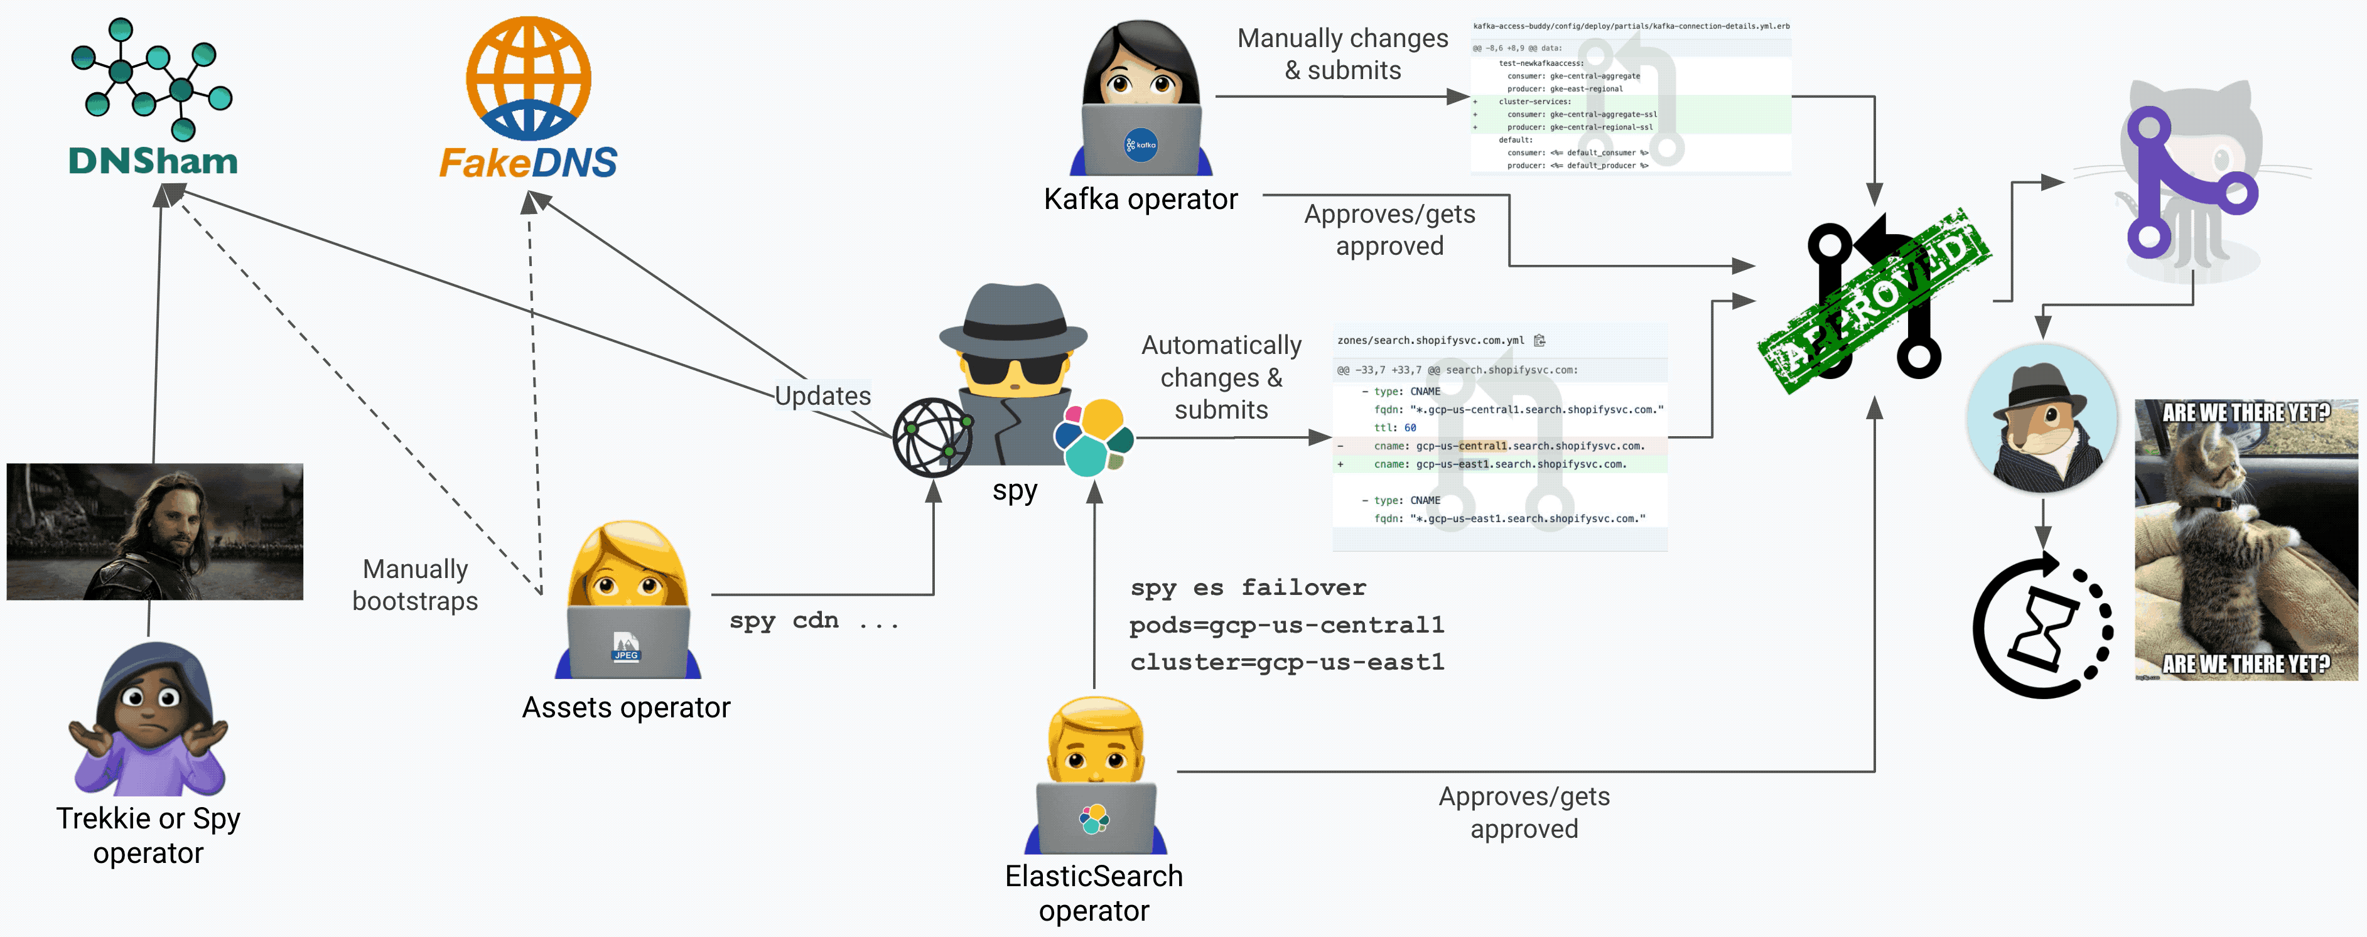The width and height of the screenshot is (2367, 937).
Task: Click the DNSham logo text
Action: (x=153, y=162)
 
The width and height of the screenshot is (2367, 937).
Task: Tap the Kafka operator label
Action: (x=1140, y=200)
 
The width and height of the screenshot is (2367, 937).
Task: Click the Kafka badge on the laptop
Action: (x=1140, y=145)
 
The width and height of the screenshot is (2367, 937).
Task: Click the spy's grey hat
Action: (x=1013, y=317)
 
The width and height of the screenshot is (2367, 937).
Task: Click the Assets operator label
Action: (x=626, y=707)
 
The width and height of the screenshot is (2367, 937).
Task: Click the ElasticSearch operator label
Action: (x=1094, y=893)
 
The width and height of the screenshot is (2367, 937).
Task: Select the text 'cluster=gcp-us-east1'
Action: (x=1286, y=662)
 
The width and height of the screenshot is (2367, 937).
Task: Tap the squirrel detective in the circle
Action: (x=2042, y=420)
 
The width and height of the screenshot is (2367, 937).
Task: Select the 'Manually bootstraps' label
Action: (x=416, y=585)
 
